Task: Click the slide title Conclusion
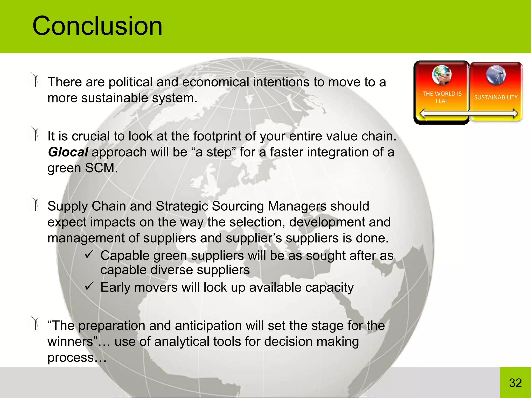click(x=97, y=26)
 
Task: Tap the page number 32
click(x=515, y=383)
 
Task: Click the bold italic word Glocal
click(x=68, y=152)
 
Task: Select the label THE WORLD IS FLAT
click(x=442, y=97)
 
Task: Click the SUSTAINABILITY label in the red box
click(x=496, y=97)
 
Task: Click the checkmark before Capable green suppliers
click(x=89, y=255)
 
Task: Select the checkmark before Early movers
click(x=89, y=286)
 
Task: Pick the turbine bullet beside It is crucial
click(x=35, y=134)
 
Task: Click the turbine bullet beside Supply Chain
click(x=35, y=204)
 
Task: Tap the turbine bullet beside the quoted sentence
click(x=35, y=323)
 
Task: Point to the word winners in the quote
click(x=70, y=342)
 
